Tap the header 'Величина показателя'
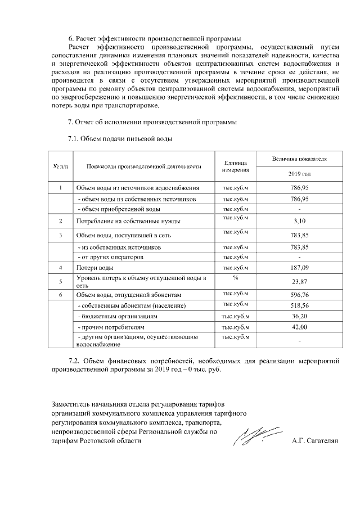(x=300, y=159)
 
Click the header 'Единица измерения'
(x=236, y=166)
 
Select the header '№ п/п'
(x=60, y=166)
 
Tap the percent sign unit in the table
(x=236, y=277)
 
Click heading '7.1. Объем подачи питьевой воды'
(x=119, y=138)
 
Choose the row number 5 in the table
(x=60, y=281)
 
